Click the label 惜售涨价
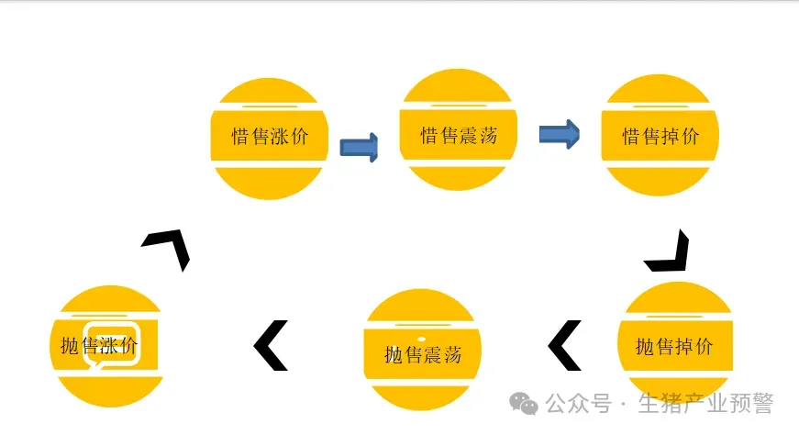tap(270, 137)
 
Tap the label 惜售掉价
tap(660, 137)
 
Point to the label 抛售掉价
tap(674, 347)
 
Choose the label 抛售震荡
tap(422, 354)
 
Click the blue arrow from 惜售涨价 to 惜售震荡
tap(359, 147)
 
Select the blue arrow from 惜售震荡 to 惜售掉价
tap(558, 135)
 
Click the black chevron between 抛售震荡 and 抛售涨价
tap(271, 345)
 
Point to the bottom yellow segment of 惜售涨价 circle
tap(270, 183)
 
